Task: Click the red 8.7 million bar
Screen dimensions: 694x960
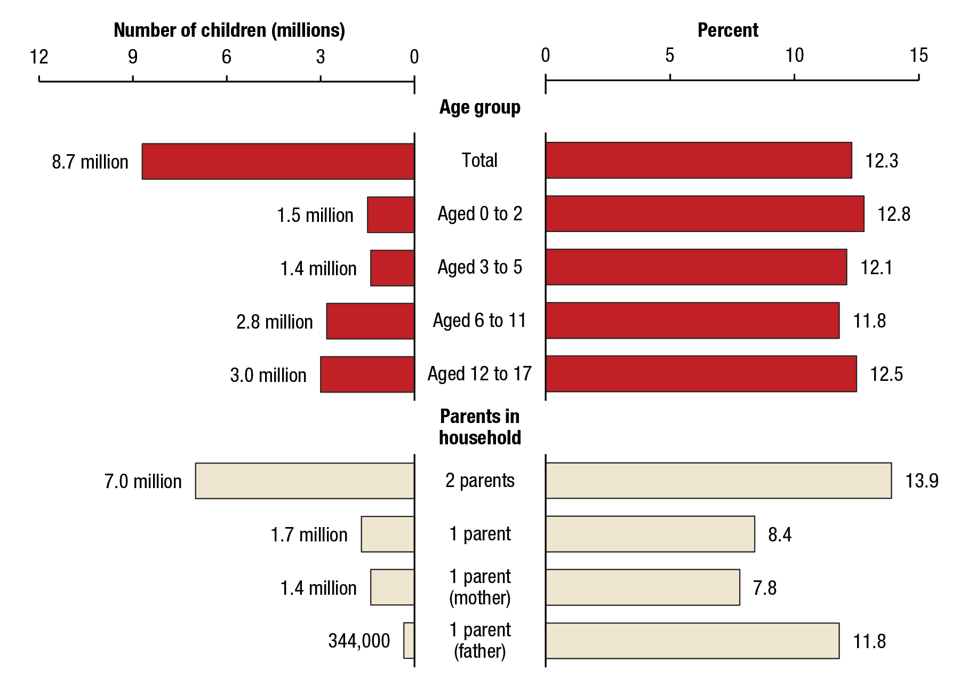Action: (x=278, y=161)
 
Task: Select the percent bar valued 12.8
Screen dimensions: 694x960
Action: (x=705, y=214)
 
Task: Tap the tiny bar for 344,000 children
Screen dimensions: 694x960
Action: (x=409, y=640)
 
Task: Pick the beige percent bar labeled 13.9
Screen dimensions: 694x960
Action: (x=718, y=481)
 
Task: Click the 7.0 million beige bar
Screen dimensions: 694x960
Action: (x=305, y=481)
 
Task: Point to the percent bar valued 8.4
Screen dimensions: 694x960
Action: (x=650, y=534)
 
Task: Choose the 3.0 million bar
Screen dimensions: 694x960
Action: (x=367, y=374)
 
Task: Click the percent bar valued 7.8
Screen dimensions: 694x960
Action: (x=643, y=587)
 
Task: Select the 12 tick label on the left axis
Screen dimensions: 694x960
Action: (x=39, y=57)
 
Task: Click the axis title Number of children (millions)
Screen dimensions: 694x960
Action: (x=229, y=30)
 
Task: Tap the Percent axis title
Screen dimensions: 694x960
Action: (x=728, y=30)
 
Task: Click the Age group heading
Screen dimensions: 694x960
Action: (x=479, y=107)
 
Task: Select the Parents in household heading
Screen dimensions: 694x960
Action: (x=479, y=427)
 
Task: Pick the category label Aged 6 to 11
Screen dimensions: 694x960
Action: (x=479, y=321)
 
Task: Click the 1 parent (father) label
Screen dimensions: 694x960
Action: (x=479, y=640)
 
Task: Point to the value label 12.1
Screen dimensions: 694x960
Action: (x=876, y=267)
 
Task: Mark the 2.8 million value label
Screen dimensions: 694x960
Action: (x=274, y=322)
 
